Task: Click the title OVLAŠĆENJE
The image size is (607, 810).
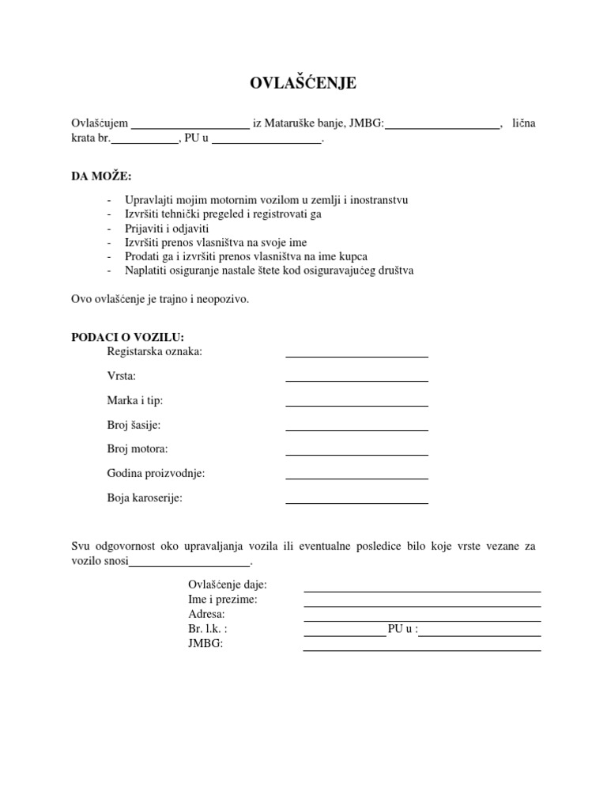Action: coord(303,84)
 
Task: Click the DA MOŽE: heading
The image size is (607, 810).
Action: coord(102,175)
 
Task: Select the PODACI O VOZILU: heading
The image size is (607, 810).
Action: coord(127,337)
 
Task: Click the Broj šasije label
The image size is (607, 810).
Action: coord(134,425)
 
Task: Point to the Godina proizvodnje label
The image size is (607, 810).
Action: coord(156,473)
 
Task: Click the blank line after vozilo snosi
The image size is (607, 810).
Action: coord(189,564)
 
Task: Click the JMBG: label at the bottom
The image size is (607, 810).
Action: coord(205,644)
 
